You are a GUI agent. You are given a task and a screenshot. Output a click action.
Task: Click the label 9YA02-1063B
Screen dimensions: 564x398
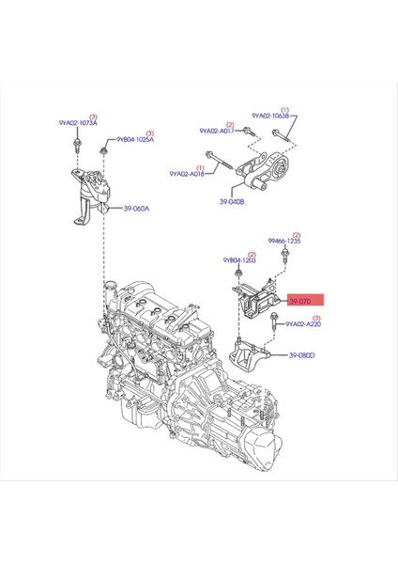(272, 117)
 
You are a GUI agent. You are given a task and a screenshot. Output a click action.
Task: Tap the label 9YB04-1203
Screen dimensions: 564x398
(239, 260)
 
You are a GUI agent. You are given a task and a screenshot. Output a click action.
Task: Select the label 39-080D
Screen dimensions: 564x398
(301, 355)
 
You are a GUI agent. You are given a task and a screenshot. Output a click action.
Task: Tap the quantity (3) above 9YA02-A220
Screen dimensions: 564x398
(316, 319)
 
